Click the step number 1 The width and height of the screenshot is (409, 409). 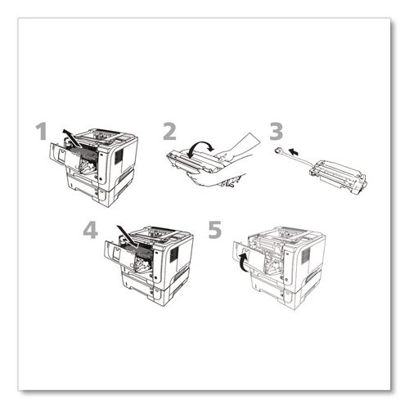coord(42,132)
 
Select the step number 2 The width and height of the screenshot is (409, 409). coord(169,132)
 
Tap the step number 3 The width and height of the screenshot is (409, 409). coord(276,132)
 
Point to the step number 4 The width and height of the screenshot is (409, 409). coord(91,230)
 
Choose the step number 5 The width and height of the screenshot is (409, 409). coord(215,230)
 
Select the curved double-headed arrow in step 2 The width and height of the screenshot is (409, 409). coord(201,147)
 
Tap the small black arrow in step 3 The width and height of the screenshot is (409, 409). coord(294,150)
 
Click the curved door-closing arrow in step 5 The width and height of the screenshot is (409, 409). coord(243,260)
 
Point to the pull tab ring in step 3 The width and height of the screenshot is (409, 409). coord(279,150)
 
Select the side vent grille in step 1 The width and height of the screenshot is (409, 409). coord(118,157)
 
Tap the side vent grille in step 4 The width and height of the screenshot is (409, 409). coord(173,254)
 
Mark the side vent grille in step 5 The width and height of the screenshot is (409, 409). coord(304,256)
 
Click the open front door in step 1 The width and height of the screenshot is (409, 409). coord(65,159)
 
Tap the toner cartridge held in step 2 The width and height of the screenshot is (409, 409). coord(195,161)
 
